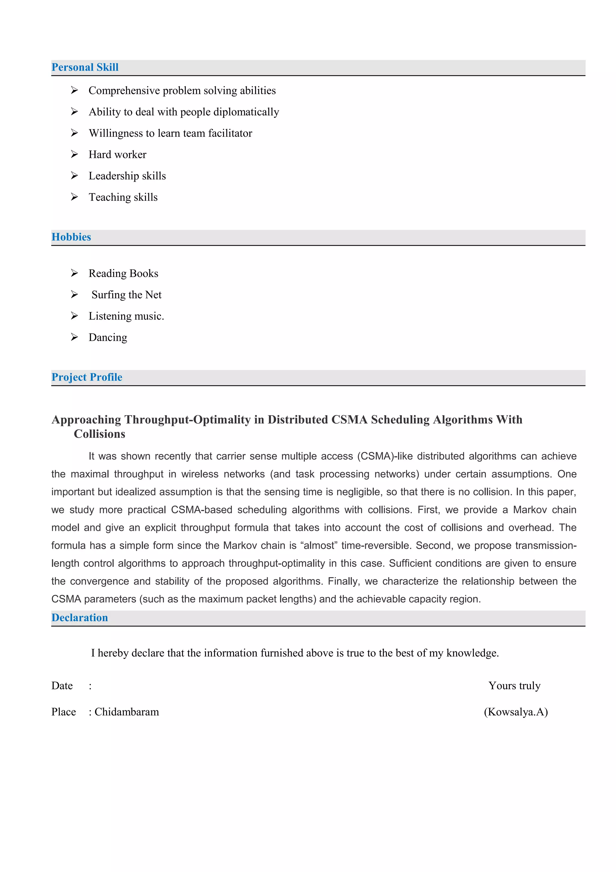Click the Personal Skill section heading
(x=85, y=67)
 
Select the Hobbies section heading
(x=71, y=237)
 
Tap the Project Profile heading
(x=87, y=377)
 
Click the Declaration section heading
(x=80, y=617)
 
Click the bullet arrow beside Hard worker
(x=74, y=154)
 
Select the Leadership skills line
(x=127, y=176)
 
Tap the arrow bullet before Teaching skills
(x=74, y=197)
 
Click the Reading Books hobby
(x=123, y=274)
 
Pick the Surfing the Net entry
(x=126, y=295)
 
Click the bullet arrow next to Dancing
(x=74, y=337)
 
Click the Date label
(x=62, y=685)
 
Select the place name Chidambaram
(x=127, y=712)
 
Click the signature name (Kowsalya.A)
(x=516, y=712)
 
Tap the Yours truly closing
(x=514, y=685)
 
